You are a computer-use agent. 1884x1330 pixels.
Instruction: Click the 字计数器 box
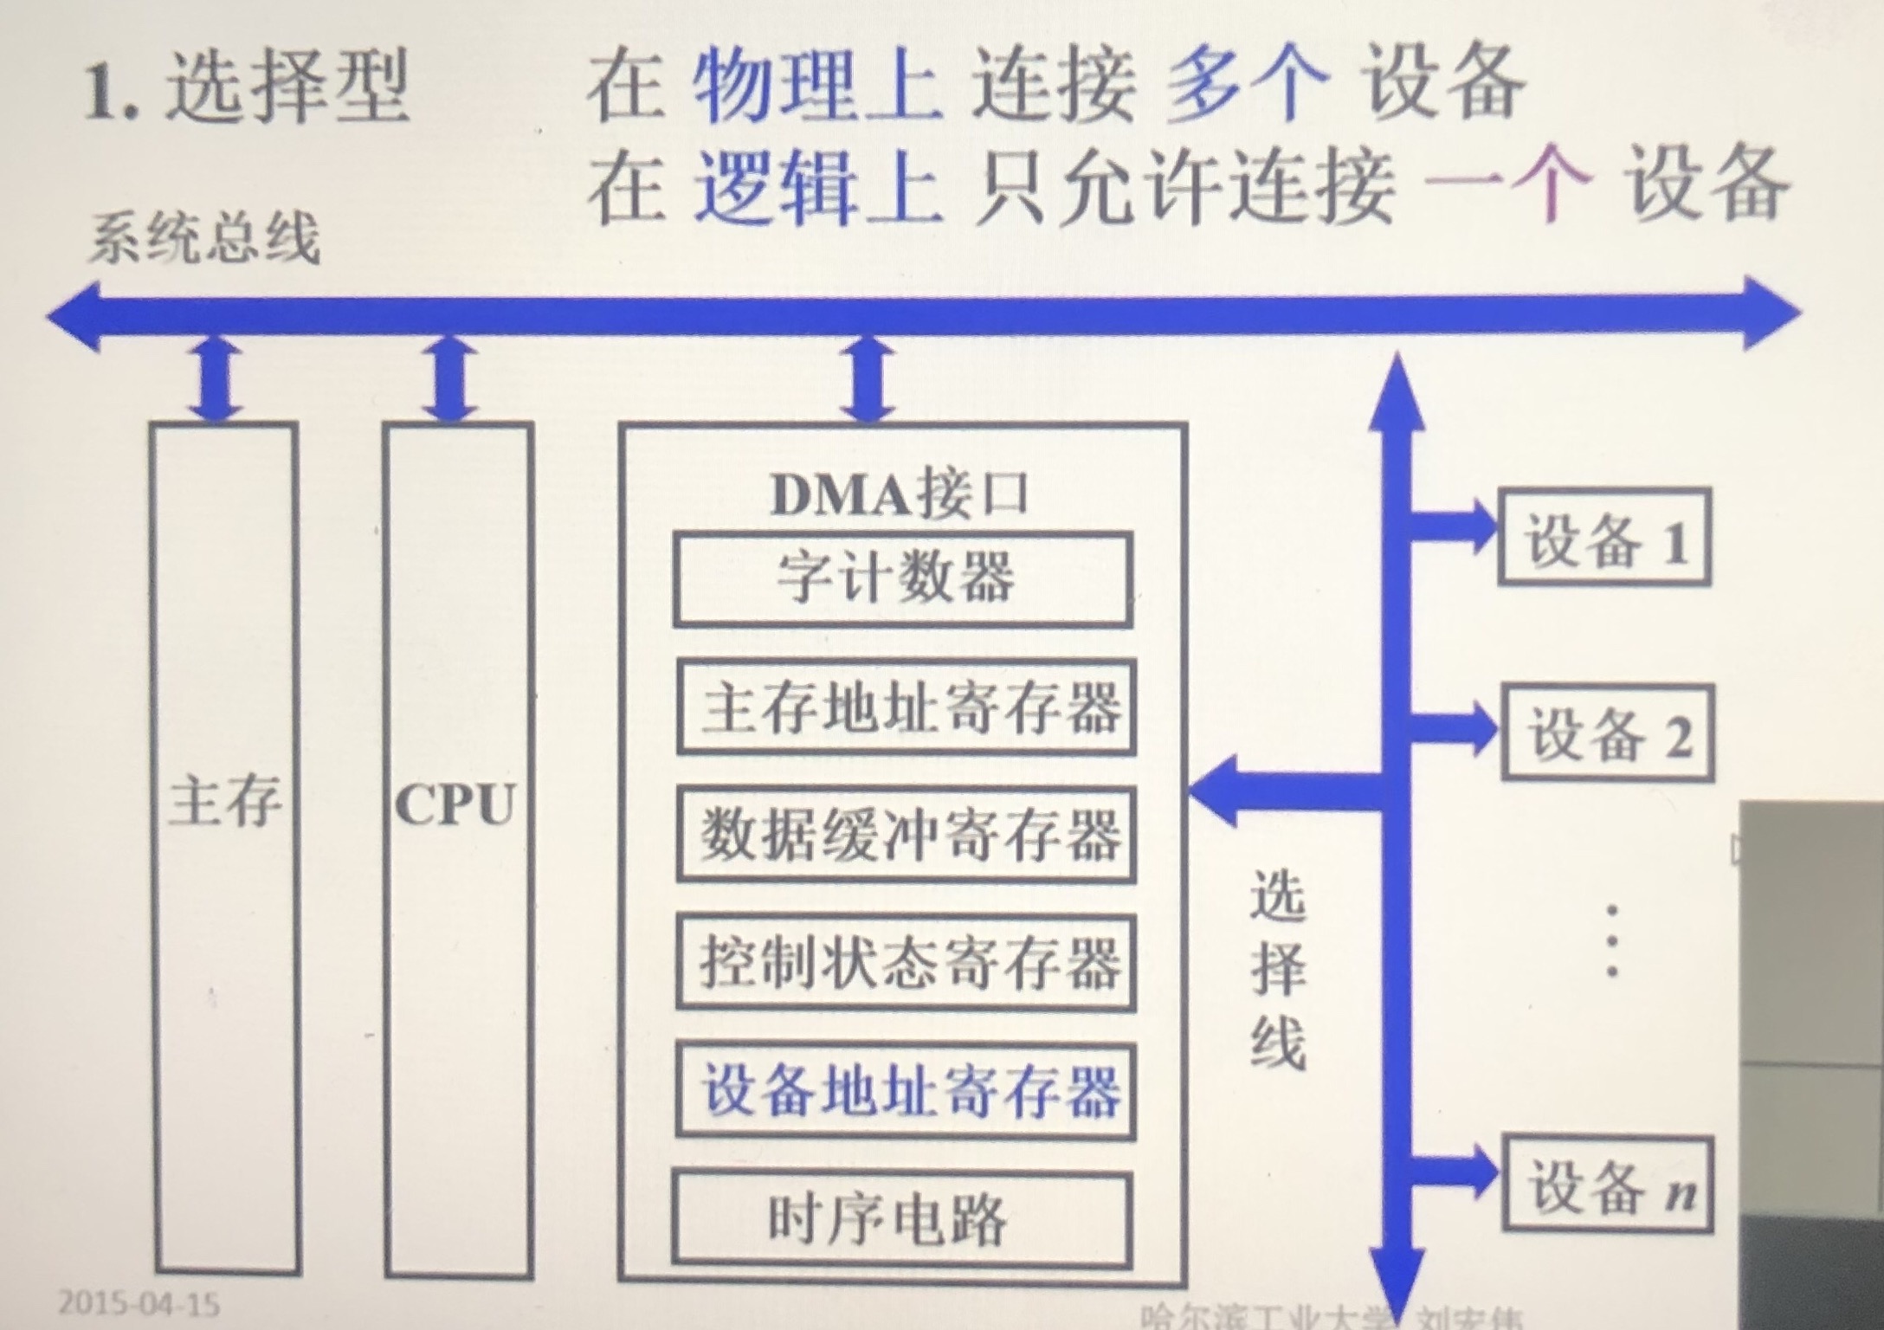pyautogui.click(x=902, y=578)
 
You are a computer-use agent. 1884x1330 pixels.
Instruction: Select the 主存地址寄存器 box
pyautogui.click(x=906, y=707)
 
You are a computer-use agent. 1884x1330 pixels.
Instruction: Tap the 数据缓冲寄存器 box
pyautogui.click(x=906, y=835)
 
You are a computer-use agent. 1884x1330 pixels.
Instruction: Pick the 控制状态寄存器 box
pyautogui.click(x=906, y=963)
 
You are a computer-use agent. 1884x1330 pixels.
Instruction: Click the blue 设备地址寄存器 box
pyautogui.click(x=906, y=1091)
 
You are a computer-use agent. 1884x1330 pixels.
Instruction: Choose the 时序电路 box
pyautogui.click(x=902, y=1219)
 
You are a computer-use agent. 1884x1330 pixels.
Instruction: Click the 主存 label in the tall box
pyautogui.click(x=225, y=801)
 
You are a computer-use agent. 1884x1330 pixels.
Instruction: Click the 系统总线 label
pyautogui.click(x=204, y=240)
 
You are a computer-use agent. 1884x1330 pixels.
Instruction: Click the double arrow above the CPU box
pyautogui.click(x=451, y=379)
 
